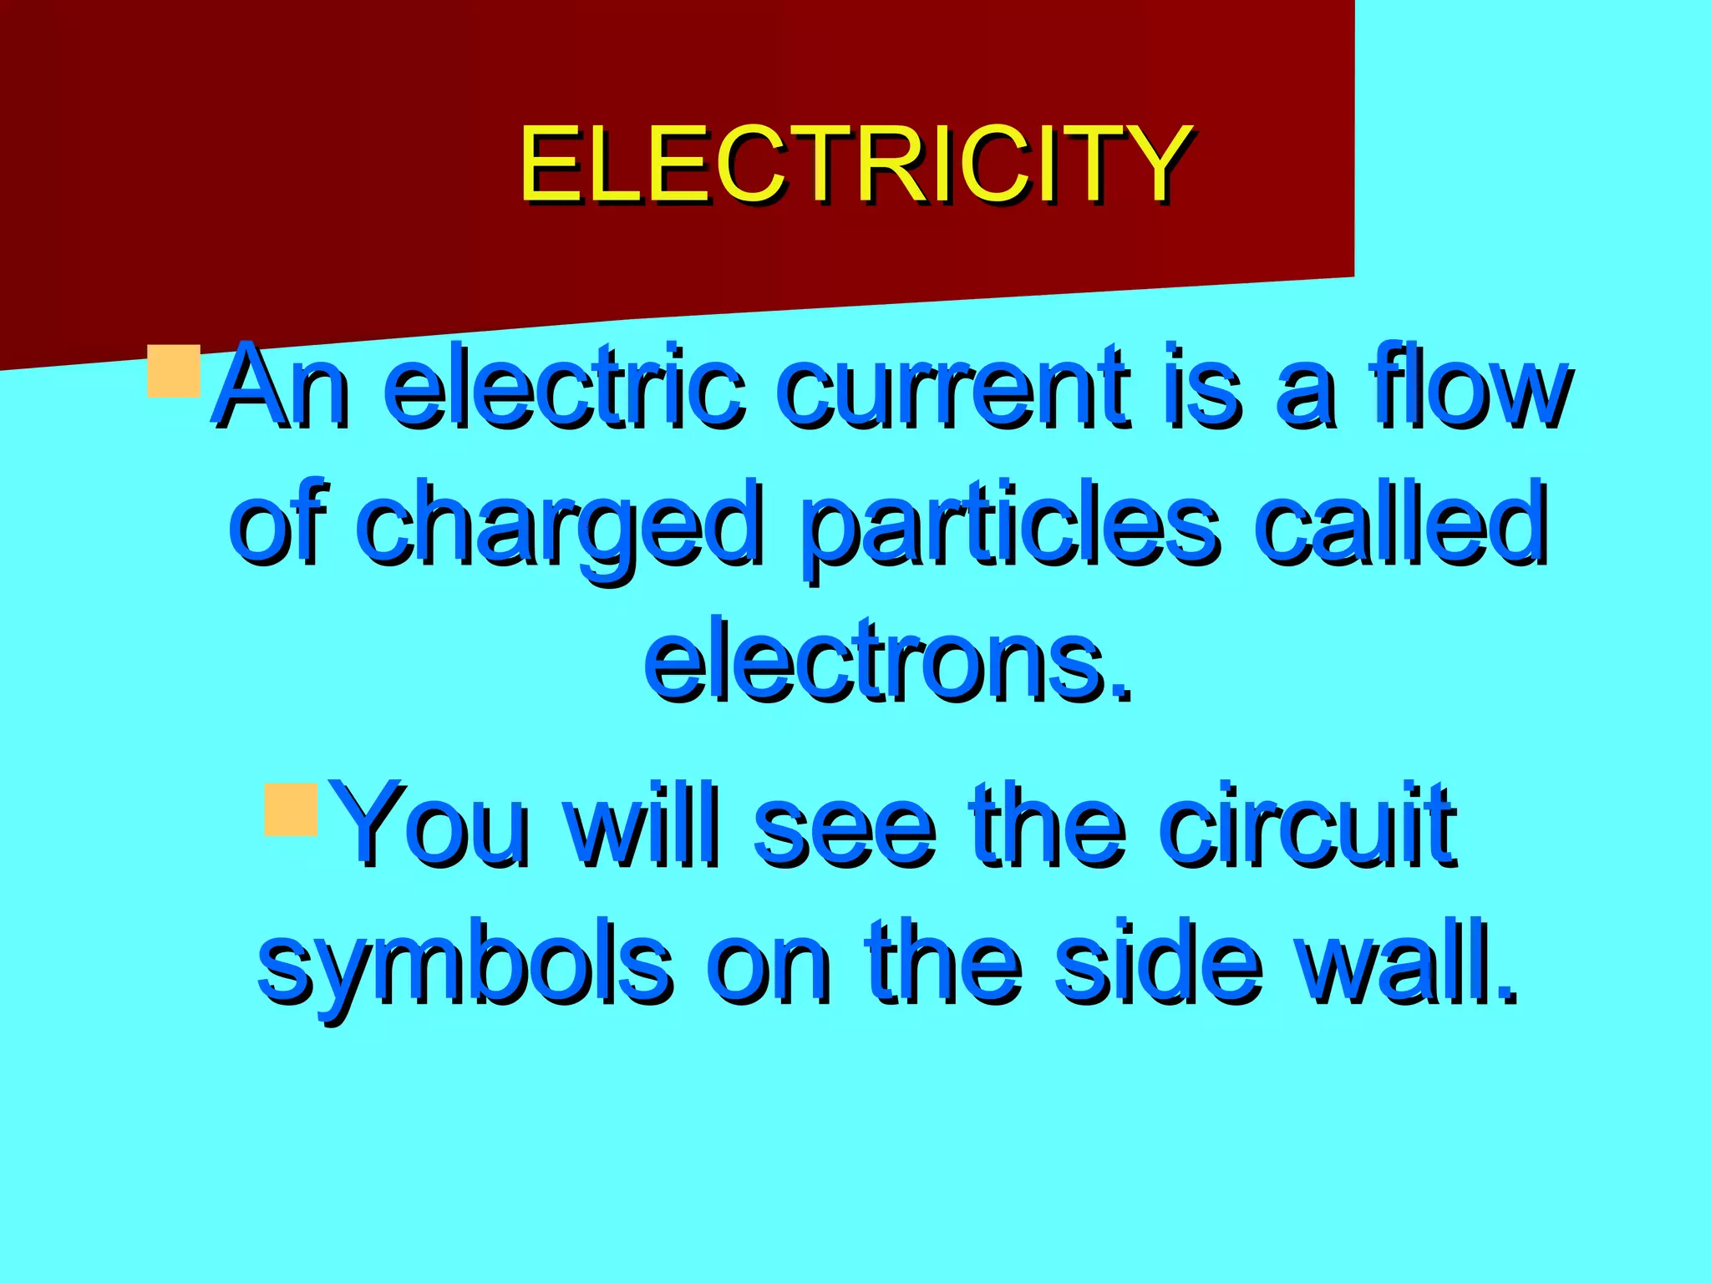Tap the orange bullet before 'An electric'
174,371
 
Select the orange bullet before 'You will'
291,809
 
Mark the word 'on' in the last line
769,965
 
